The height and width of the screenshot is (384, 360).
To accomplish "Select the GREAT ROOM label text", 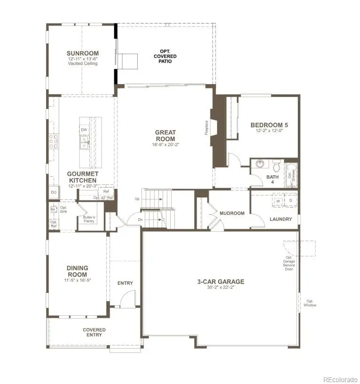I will pyautogui.click(x=165, y=136).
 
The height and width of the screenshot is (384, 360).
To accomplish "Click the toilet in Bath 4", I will pyautogui.click(x=276, y=167).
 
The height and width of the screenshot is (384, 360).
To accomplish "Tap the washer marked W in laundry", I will pyautogui.click(x=278, y=201).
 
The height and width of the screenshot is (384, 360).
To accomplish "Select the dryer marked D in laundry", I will pyautogui.click(x=290, y=201).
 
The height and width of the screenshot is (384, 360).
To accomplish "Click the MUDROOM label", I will pyautogui.click(x=232, y=213).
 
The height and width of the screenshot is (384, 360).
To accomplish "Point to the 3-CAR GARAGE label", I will pyautogui.click(x=220, y=282).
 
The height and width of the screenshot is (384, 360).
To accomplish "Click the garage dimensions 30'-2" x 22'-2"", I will pyautogui.click(x=220, y=288).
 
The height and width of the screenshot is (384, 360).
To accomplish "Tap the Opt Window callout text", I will pyautogui.click(x=310, y=303).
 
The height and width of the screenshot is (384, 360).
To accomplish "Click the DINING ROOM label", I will pyautogui.click(x=78, y=271).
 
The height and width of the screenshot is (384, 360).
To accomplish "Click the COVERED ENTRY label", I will pyautogui.click(x=94, y=332).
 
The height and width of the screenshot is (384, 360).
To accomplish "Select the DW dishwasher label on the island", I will pyautogui.click(x=84, y=130).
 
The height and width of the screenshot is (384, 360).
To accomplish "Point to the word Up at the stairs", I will pyautogui.click(x=137, y=199).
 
